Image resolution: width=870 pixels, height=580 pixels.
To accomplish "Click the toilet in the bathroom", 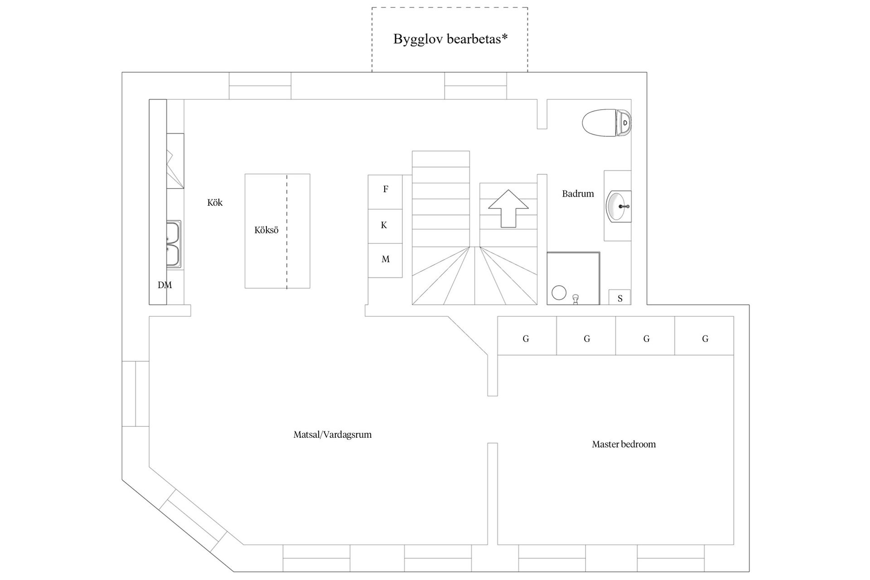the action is pyautogui.click(x=607, y=123).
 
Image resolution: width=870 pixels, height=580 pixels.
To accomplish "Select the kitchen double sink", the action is pyautogui.click(x=174, y=244).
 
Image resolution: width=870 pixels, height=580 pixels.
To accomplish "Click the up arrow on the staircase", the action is pyautogui.click(x=508, y=208).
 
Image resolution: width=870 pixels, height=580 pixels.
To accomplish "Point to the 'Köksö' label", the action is pyautogui.click(x=266, y=230).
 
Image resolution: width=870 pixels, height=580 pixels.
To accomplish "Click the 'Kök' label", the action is pyautogui.click(x=215, y=203).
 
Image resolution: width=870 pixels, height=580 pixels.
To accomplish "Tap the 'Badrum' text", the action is pyautogui.click(x=578, y=193).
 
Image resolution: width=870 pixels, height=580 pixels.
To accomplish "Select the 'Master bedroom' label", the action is pyautogui.click(x=624, y=444).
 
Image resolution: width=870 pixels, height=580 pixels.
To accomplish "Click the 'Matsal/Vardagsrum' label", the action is pyautogui.click(x=333, y=435).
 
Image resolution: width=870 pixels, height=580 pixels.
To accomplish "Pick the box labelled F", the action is pyautogui.click(x=385, y=192).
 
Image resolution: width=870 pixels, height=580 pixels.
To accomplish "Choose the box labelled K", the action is pyautogui.click(x=385, y=226).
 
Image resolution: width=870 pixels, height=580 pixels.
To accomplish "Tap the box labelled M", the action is pyautogui.click(x=385, y=260).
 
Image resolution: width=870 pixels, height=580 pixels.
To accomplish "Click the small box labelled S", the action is pyautogui.click(x=619, y=297).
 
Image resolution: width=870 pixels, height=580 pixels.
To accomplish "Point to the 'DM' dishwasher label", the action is pyautogui.click(x=165, y=285).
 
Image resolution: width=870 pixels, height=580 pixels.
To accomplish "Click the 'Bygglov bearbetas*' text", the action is pyautogui.click(x=450, y=39).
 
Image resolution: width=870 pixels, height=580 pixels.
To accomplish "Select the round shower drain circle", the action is pyautogui.click(x=559, y=293).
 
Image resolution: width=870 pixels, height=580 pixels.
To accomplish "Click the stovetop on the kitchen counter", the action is pyautogui.click(x=175, y=161).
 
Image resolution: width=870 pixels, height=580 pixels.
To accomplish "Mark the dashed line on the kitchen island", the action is pyautogui.click(x=287, y=231).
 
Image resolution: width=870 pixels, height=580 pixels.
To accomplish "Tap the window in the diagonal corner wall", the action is pyautogui.click(x=194, y=518).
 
